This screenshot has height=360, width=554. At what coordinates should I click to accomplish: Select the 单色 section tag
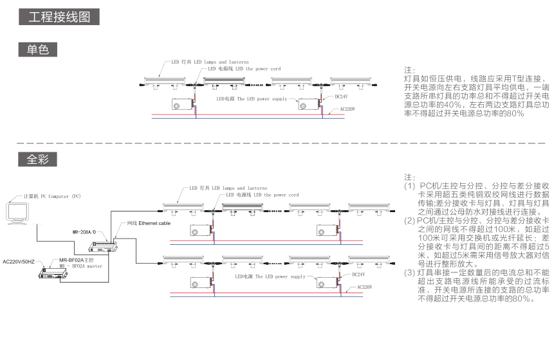click(38, 49)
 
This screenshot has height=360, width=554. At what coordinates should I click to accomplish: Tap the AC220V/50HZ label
click(19, 262)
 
